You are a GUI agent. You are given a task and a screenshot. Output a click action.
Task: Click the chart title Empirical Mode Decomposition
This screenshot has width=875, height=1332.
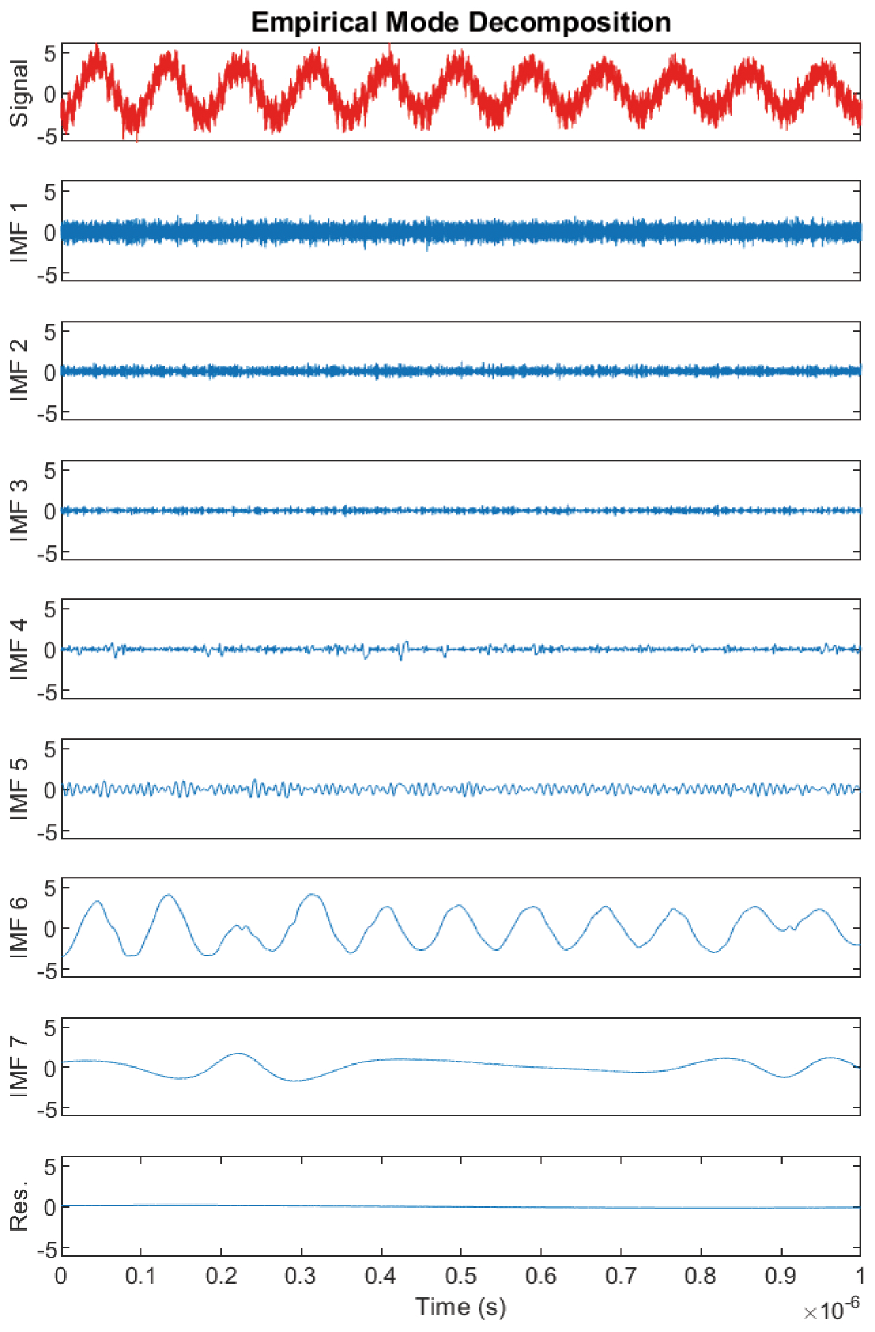pyautogui.click(x=461, y=22)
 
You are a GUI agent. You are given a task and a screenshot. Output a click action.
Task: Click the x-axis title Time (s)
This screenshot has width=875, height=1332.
pyautogui.click(x=461, y=1306)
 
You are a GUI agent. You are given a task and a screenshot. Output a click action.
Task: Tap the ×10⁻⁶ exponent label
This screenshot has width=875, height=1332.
pyautogui.click(x=831, y=1308)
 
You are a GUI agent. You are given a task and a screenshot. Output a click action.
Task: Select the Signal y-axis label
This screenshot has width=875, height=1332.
pyautogui.click(x=20, y=93)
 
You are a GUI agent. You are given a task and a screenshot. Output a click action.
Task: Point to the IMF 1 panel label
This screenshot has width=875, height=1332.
pyautogui.click(x=20, y=232)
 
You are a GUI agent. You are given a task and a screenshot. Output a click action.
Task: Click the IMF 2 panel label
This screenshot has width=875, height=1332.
pyautogui.click(x=20, y=371)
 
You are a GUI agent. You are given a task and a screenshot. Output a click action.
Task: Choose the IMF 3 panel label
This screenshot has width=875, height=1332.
pyautogui.click(x=20, y=511)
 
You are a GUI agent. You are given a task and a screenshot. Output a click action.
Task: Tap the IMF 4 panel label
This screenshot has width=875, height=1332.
pyautogui.click(x=20, y=649)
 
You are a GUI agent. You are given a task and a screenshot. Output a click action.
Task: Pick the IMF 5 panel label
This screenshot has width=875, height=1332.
pyautogui.click(x=20, y=789)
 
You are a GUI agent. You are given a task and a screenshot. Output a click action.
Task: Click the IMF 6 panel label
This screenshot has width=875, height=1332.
pyautogui.click(x=20, y=928)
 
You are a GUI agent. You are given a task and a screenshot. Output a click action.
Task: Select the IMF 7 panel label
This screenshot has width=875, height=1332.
pyautogui.click(x=20, y=1068)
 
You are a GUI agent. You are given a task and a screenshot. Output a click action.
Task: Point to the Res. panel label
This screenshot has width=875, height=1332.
pyautogui.click(x=20, y=1207)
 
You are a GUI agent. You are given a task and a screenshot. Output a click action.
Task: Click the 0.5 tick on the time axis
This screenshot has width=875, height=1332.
pyautogui.click(x=461, y=1276)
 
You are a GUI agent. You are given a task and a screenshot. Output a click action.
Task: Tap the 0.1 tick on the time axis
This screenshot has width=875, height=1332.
pyautogui.click(x=141, y=1276)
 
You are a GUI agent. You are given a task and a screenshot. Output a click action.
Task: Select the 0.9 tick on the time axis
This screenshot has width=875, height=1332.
pyautogui.click(x=780, y=1276)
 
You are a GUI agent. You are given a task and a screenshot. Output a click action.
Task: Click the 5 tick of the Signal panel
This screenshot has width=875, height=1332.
pyautogui.click(x=50, y=53)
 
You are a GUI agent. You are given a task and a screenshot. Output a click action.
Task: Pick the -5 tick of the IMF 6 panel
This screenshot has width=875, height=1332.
pyautogui.click(x=46, y=971)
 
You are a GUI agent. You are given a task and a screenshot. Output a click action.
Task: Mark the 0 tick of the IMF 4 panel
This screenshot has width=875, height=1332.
pyautogui.click(x=50, y=650)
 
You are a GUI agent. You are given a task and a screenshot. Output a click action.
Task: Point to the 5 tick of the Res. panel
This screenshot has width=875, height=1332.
pyautogui.click(x=50, y=1167)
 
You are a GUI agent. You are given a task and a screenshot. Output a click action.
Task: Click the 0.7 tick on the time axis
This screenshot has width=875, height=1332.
pyautogui.click(x=621, y=1276)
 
